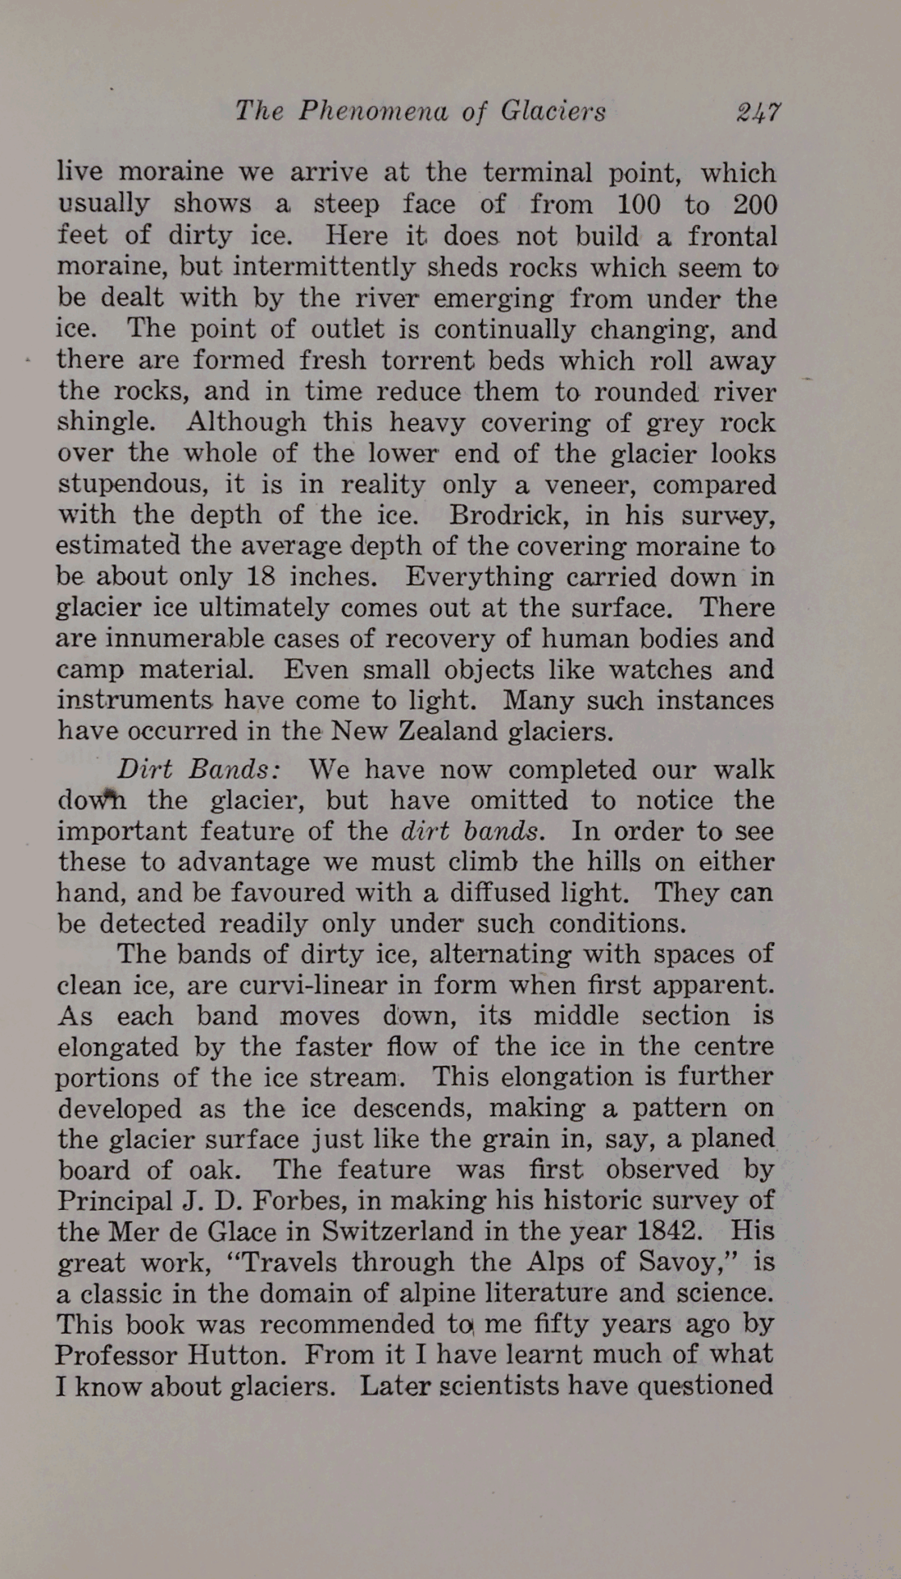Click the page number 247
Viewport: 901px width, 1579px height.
click(x=758, y=111)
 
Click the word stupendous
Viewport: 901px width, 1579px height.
click(x=133, y=485)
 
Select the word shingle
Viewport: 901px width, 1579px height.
click(x=105, y=423)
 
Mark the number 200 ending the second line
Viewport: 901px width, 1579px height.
click(x=754, y=204)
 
